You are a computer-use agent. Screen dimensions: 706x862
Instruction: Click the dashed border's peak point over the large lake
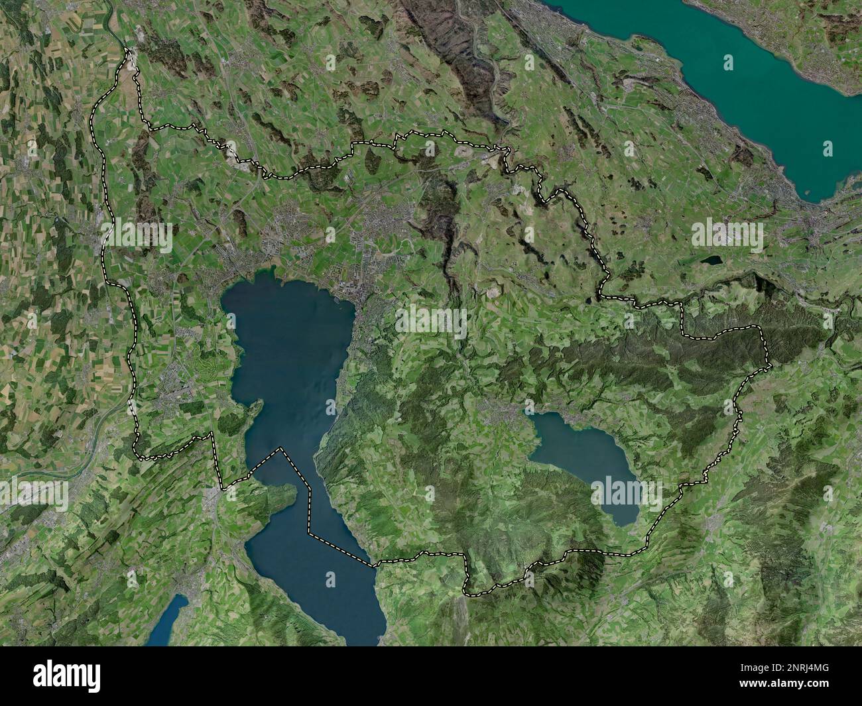[x=281, y=449]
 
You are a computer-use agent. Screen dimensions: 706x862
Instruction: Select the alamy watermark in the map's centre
[x=431, y=321]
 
